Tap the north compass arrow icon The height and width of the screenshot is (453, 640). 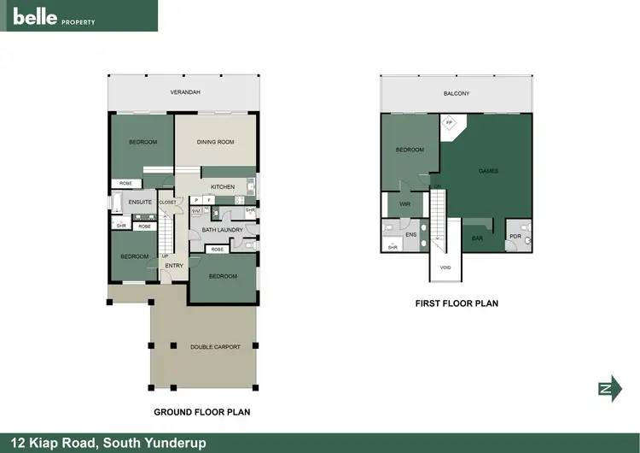pyautogui.click(x=605, y=388)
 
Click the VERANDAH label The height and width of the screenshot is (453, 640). pyautogui.click(x=185, y=92)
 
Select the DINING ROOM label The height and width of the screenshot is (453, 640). pyautogui.click(x=215, y=142)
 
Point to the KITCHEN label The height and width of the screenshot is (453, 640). pyautogui.click(x=223, y=187)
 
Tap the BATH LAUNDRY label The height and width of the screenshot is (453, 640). pyautogui.click(x=223, y=230)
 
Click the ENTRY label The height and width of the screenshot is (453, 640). pyautogui.click(x=174, y=266)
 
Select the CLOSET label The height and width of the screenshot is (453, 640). pyautogui.click(x=167, y=203)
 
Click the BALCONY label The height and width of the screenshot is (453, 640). pyautogui.click(x=457, y=93)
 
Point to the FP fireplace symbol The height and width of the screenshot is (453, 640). pyautogui.click(x=450, y=123)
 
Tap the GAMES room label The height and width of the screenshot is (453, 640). pyautogui.click(x=488, y=171)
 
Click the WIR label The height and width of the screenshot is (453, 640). pyautogui.click(x=405, y=204)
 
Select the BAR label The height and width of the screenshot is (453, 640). pyautogui.click(x=478, y=238)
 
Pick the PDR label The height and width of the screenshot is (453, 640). pyautogui.click(x=515, y=236)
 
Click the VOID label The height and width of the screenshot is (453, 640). pyautogui.click(x=445, y=268)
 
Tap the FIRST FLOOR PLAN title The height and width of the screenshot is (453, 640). pyautogui.click(x=457, y=303)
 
